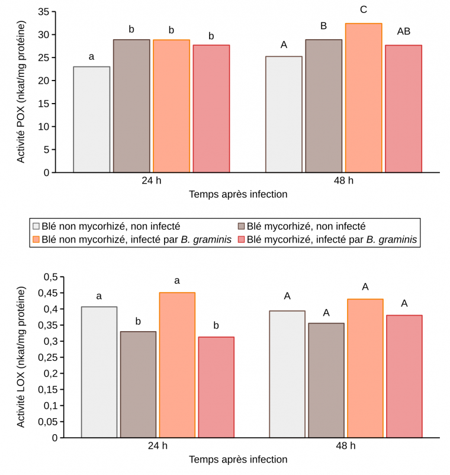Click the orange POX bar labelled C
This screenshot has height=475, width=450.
(x=364, y=98)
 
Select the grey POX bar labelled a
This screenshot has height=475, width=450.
(x=91, y=119)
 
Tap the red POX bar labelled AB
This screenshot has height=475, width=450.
(x=404, y=108)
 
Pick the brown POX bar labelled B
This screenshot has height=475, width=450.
(x=324, y=106)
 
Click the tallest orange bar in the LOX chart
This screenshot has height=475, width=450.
(x=177, y=365)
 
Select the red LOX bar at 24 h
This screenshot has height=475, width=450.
(x=216, y=387)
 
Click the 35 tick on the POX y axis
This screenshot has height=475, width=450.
(x=43, y=12)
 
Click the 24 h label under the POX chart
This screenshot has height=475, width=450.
(x=150, y=181)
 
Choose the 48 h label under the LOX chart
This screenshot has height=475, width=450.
(x=345, y=446)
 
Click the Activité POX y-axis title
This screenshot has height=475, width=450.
(x=21, y=93)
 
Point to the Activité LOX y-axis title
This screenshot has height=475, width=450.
(x=21, y=358)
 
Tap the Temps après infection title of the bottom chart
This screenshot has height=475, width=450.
(x=238, y=460)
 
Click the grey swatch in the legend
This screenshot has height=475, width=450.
(x=37, y=226)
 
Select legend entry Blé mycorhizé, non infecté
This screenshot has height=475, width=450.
(x=307, y=226)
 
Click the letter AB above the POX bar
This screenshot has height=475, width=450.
(x=404, y=31)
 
